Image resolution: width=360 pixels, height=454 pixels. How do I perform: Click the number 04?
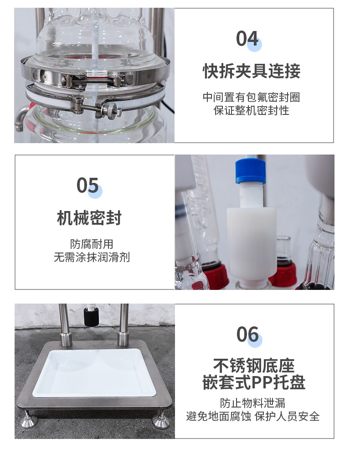(247, 38)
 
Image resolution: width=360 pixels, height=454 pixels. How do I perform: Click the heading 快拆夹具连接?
(252, 71)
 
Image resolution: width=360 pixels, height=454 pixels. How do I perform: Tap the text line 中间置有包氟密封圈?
(251, 97)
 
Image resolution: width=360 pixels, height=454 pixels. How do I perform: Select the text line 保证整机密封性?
(251, 110)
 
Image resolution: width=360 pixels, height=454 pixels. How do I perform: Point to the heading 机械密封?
(89, 218)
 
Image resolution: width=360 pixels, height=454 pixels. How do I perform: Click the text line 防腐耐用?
(92, 244)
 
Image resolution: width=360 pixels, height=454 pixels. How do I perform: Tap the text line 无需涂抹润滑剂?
(92, 257)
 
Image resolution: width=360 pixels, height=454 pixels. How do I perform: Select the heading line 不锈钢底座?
(254, 366)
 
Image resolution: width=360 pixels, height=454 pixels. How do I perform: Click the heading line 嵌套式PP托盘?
(254, 382)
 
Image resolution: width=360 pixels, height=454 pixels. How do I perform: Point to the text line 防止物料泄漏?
(252, 403)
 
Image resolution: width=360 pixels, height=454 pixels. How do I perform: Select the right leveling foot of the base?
(160, 419)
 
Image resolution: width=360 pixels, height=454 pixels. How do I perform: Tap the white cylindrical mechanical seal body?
(251, 243)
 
